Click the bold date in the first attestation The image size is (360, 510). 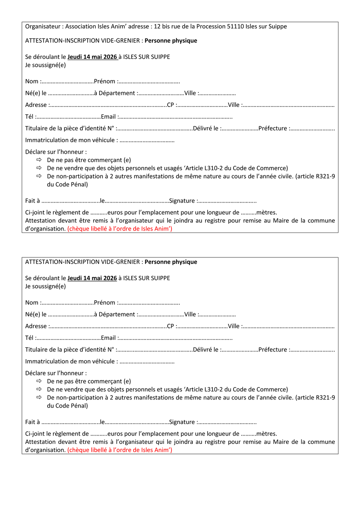(x=92, y=57)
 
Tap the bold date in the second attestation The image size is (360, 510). (x=92, y=278)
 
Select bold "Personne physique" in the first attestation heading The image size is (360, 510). (x=171, y=41)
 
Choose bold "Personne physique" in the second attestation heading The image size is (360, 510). (x=171, y=262)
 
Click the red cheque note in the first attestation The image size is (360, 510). (x=120, y=229)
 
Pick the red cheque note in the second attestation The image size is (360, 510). (x=120, y=450)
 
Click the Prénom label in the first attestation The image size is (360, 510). (x=104, y=82)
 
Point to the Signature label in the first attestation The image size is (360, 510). (x=182, y=201)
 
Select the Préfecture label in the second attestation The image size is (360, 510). (x=273, y=350)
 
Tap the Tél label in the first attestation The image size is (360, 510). (x=30, y=117)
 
